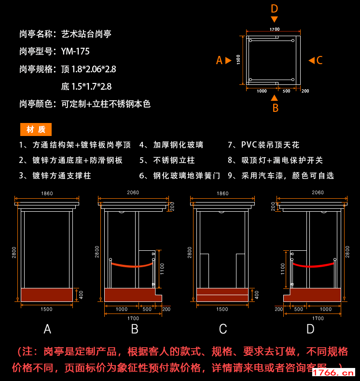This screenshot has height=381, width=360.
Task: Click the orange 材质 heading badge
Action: [36, 130]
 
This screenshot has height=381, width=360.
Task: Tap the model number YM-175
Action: [75, 51]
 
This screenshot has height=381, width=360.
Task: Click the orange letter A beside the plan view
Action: [219, 60]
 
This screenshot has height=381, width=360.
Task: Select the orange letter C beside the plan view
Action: [319, 60]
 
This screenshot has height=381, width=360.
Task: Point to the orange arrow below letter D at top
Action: [274, 19]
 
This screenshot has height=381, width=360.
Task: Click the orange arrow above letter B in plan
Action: [274, 97]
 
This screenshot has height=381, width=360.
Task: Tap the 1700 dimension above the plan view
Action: [274, 29]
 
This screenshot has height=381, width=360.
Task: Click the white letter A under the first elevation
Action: [47, 329]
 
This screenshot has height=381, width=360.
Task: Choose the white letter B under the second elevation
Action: [135, 329]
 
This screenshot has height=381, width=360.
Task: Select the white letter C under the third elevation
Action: [223, 329]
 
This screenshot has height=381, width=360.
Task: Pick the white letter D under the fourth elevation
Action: [310, 329]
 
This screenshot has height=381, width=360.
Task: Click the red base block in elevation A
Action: [47, 295]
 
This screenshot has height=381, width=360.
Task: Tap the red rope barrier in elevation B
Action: [132, 265]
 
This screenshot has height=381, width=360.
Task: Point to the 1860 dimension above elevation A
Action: [47, 193]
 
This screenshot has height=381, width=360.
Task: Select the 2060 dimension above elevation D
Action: [318, 192]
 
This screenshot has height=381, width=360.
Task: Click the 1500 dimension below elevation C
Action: [222, 309]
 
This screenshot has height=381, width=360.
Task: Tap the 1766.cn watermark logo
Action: [333, 372]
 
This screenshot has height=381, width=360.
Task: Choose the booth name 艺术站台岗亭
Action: [86, 34]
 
